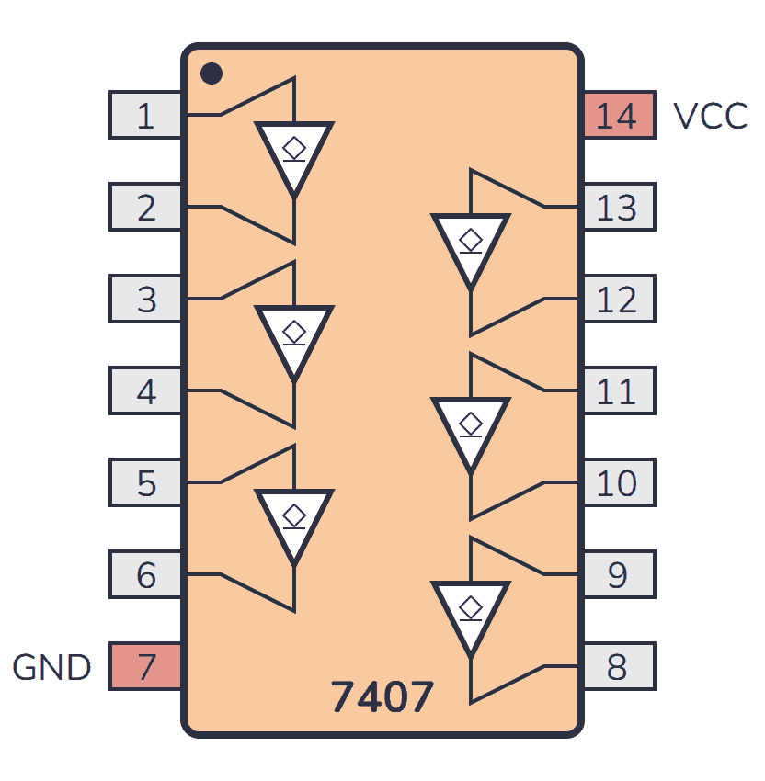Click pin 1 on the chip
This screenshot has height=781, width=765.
click(145, 115)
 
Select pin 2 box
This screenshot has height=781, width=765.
click(145, 207)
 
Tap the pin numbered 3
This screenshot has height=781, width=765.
click(145, 299)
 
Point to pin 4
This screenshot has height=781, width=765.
click(145, 390)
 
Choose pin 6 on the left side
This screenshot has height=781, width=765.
click(145, 574)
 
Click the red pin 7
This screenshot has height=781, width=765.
click(145, 666)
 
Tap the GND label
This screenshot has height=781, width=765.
click(51, 667)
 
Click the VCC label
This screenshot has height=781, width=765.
click(710, 116)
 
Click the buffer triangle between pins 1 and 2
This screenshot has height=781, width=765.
click(294, 153)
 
